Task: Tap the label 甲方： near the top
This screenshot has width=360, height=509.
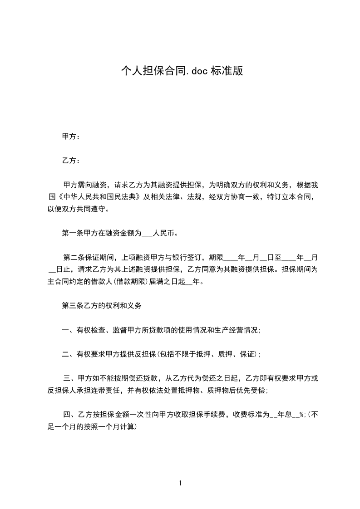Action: tap(71, 137)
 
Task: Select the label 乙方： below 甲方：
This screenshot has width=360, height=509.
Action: tap(71, 161)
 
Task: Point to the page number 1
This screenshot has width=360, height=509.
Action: tap(180, 483)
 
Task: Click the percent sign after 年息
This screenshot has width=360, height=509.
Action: tap(301, 415)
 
